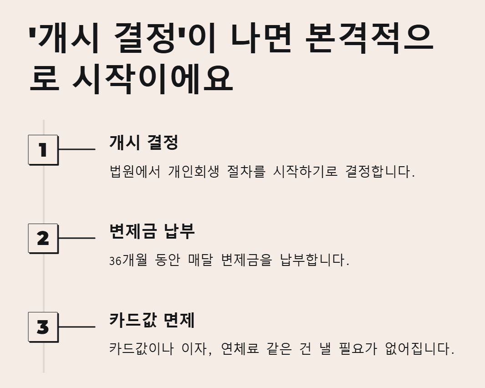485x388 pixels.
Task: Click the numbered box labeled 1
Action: pos(43,149)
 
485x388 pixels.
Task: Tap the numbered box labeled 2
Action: pos(43,238)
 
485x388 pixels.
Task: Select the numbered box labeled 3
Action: pos(43,327)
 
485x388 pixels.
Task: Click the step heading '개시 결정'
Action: pos(143,143)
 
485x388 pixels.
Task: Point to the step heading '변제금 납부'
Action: pos(152,231)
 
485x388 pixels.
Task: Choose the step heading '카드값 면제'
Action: pos(152,320)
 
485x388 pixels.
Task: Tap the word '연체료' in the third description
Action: pos(240,349)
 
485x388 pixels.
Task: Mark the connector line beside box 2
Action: pos(77,238)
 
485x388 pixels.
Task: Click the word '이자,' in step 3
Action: pos(197,349)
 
